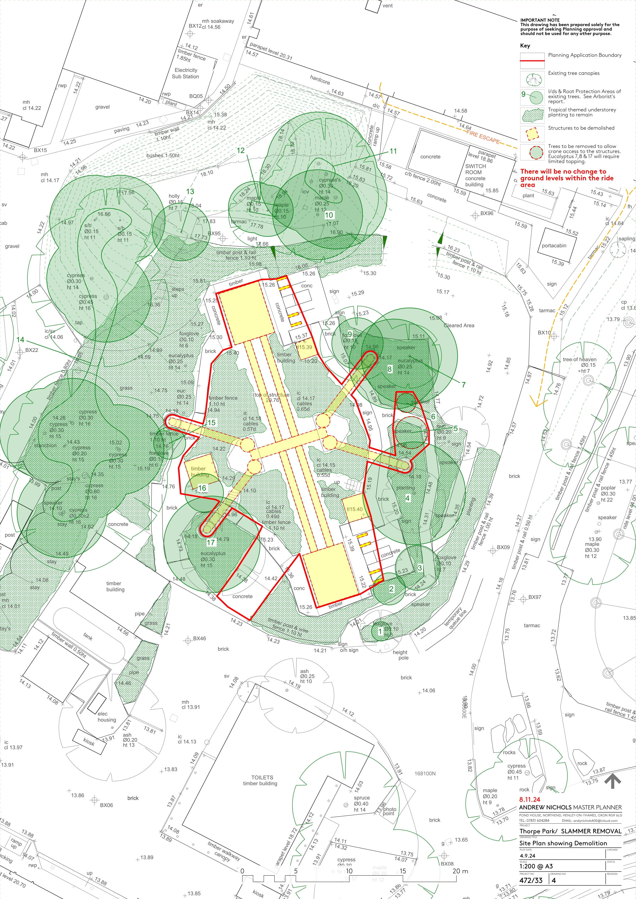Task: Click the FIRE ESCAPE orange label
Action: (x=483, y=137)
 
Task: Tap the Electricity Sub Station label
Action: (x=186, y=73)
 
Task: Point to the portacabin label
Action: (x=554, y=246)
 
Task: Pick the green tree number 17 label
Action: (x=211, y=542)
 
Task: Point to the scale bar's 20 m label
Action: (x=460, y=871)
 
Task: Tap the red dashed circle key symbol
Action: (x=532, y=152)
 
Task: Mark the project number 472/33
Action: (x=531, y=880)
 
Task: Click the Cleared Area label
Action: (x=459, y=325)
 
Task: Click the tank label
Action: (x=88, y=637)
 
